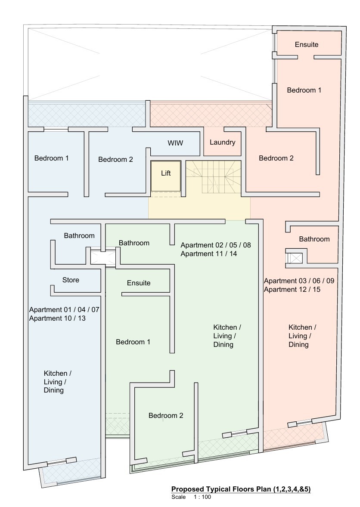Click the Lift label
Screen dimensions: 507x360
click(166, 173)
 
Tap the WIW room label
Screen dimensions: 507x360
click(175, 143)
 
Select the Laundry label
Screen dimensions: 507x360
click(222, 142)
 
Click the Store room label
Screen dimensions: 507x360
click(71, 280)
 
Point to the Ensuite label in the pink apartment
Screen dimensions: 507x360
click(307, 44)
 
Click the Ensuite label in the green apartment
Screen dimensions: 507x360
click(139, 283)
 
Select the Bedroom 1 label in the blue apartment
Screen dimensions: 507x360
click(51, 158)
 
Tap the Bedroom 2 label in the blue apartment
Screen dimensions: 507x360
click(115, 159)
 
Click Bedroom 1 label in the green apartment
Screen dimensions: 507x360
click(133, 342)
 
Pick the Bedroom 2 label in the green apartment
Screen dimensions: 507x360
click(166, 415)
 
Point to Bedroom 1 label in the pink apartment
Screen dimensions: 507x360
click(304, 90)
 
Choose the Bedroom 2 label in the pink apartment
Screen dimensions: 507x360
click(276, 158)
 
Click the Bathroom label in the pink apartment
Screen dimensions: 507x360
click(314, 239)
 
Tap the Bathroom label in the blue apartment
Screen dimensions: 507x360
click(79, 235)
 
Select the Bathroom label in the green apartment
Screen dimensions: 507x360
click(134, 243)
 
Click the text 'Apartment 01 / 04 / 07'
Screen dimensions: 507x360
click(65, 309)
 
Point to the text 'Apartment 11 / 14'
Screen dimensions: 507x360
click(209, 253)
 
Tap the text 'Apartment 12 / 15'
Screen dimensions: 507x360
click(292, 289)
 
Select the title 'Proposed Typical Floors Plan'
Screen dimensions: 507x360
click(241, 489)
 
